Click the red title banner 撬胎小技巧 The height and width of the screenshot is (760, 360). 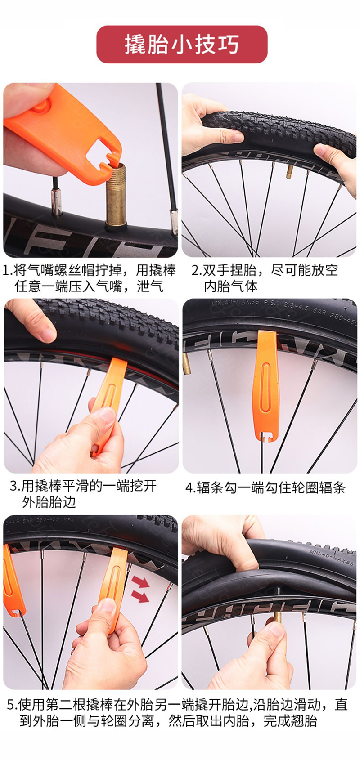click(x=182, y=45)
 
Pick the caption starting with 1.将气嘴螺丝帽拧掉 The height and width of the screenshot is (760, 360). click(x=89, y=278)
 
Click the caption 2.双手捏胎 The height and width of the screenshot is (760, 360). click(x=265, y=278)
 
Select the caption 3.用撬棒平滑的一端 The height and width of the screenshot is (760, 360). click(x=83, y=494)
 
